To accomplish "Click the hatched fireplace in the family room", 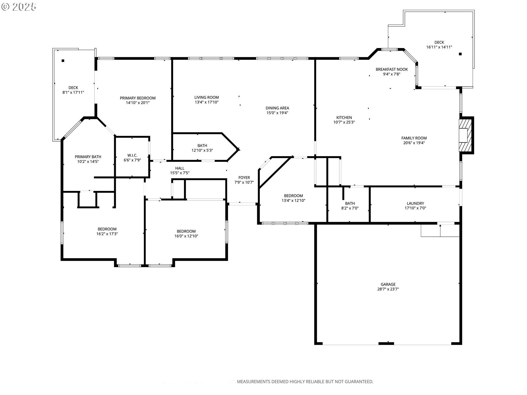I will [466, 135].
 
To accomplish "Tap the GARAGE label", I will [388, 284].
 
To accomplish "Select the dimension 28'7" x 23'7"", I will [388, 289].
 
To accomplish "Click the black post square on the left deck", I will [63, 61].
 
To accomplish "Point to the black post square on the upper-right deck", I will [460, 54].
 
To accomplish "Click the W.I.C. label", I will [132, 155].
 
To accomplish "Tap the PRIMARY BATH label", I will [88, 157].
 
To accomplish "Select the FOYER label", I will [244, 177].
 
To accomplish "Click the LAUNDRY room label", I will [415, 203].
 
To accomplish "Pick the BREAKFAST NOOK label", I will [392, 69].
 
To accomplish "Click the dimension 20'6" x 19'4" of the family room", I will [414, 143].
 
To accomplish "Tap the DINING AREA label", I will [277, 108].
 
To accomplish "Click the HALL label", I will [180, 168].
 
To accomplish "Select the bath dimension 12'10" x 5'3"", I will [202, 150].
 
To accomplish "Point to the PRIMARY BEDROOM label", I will [138, 98].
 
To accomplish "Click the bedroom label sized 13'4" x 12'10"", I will [293, 196].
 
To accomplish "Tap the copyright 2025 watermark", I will [19, 7].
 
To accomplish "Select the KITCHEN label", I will [344, 117].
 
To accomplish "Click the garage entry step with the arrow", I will [440, 230].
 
